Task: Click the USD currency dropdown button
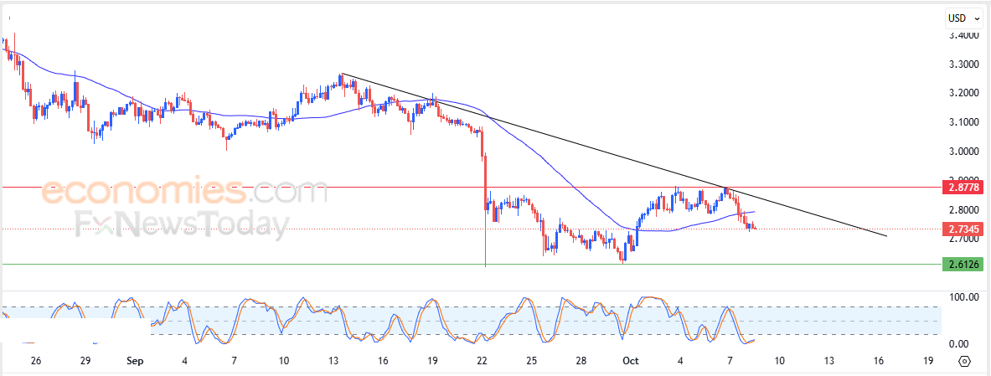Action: (960, 18)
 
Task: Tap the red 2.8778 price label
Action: (963, 188)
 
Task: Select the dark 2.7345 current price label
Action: (963, 228)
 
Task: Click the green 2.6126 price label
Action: (963, 265)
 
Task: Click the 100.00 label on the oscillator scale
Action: (963, 297)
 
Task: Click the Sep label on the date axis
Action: (135, 362)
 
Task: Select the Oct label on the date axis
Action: (630, 362)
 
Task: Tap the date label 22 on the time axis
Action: (482, 362)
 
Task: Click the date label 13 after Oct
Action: (828, 362)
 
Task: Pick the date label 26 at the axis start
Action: (35, 362)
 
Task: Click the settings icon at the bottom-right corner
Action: (964, 362)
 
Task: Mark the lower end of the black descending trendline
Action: (885, 236)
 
